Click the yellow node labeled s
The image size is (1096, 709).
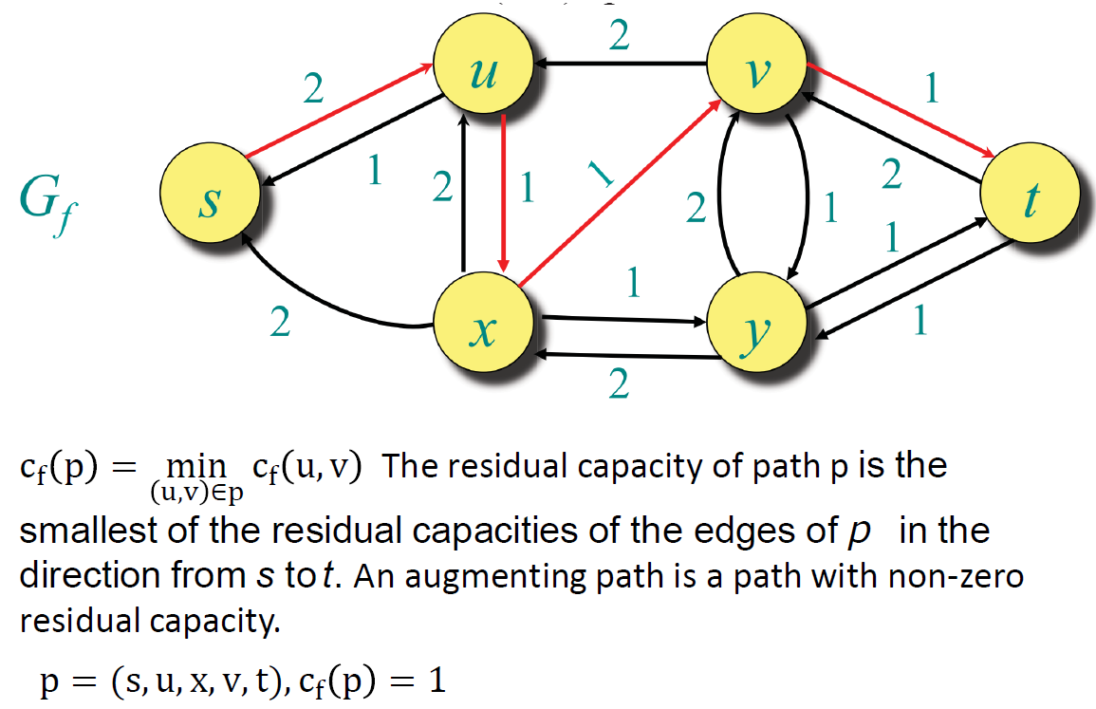[x=210, y=200]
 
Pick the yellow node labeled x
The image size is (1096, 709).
[x=482, y=328]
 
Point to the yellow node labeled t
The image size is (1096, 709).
[x=1030, y=200]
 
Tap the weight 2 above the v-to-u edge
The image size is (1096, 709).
[x=619, y=36]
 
